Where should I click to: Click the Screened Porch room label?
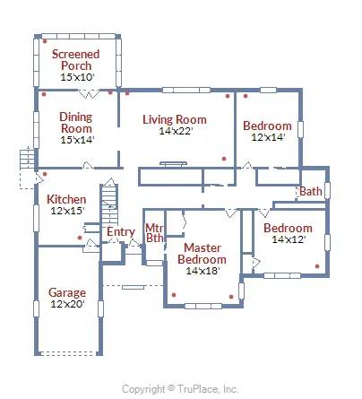point(75,60)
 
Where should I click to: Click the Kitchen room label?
point(66,199)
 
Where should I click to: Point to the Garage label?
point(66,292)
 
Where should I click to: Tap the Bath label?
point(311,191)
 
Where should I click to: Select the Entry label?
point(120,232)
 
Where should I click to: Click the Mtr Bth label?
point(154,233)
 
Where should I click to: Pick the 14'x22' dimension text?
point(176,131)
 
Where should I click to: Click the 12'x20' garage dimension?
point(66,305)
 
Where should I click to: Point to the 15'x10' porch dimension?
point(75,78)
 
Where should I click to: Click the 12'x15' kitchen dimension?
point(66,211)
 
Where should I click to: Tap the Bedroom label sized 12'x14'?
point(267,126)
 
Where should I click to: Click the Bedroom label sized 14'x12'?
point(288,228)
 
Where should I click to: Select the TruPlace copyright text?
point(180,389)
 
